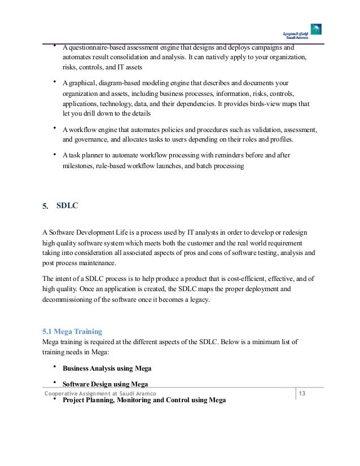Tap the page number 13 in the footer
pos(301,392)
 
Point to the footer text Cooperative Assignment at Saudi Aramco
pos(96,393)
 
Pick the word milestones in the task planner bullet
pos(78,166)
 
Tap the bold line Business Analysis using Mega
pos(106,368)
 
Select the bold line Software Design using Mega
pos(105,384)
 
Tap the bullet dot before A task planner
pos(54,154)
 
